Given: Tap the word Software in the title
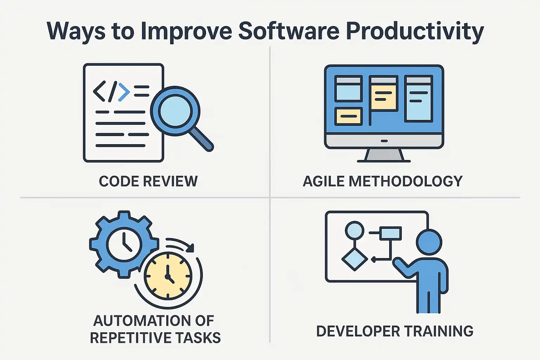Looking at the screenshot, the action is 289,31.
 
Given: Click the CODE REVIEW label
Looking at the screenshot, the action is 148,181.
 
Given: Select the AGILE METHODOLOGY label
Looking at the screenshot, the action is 382,181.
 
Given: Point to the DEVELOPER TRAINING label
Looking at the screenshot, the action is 395,331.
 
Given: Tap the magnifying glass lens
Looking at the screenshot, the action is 175,111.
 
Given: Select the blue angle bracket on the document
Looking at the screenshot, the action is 124,92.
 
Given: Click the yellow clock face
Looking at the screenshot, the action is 168,276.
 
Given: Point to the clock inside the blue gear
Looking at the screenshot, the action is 124,244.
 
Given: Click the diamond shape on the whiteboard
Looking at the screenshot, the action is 355,259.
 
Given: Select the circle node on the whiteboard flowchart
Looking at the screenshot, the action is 355,231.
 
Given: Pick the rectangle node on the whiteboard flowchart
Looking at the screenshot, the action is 391,233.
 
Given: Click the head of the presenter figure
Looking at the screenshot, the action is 429,242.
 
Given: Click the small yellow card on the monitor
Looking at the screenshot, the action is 349,116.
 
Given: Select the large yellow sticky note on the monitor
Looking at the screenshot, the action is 384,96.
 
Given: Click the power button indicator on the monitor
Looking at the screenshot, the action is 384,141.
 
